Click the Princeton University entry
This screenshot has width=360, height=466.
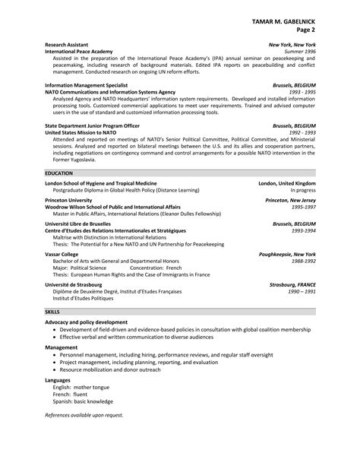pyautogui.click(x=68, y=200)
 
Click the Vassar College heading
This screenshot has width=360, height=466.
pyautogui.click(x=62, y=254)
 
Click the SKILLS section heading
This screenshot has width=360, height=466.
pyautogui.click(x=52, y=312)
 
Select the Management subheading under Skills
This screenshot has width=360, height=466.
pyautogui.click(x=62, y=347)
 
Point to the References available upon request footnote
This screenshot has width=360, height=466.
pyautogui.click(x=84, y=416)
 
